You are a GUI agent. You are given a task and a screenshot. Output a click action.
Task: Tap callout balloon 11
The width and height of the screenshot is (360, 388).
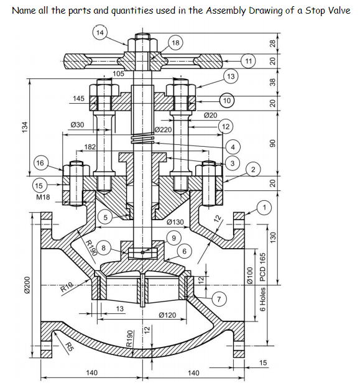click(249, 60)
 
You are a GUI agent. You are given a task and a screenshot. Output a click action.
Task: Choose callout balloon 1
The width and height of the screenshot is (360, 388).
click(266, 206)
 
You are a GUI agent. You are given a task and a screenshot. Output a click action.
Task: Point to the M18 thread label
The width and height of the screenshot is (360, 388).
click(43, 197)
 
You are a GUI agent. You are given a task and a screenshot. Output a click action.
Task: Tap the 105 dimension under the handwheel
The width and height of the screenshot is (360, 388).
click(119, 73)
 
